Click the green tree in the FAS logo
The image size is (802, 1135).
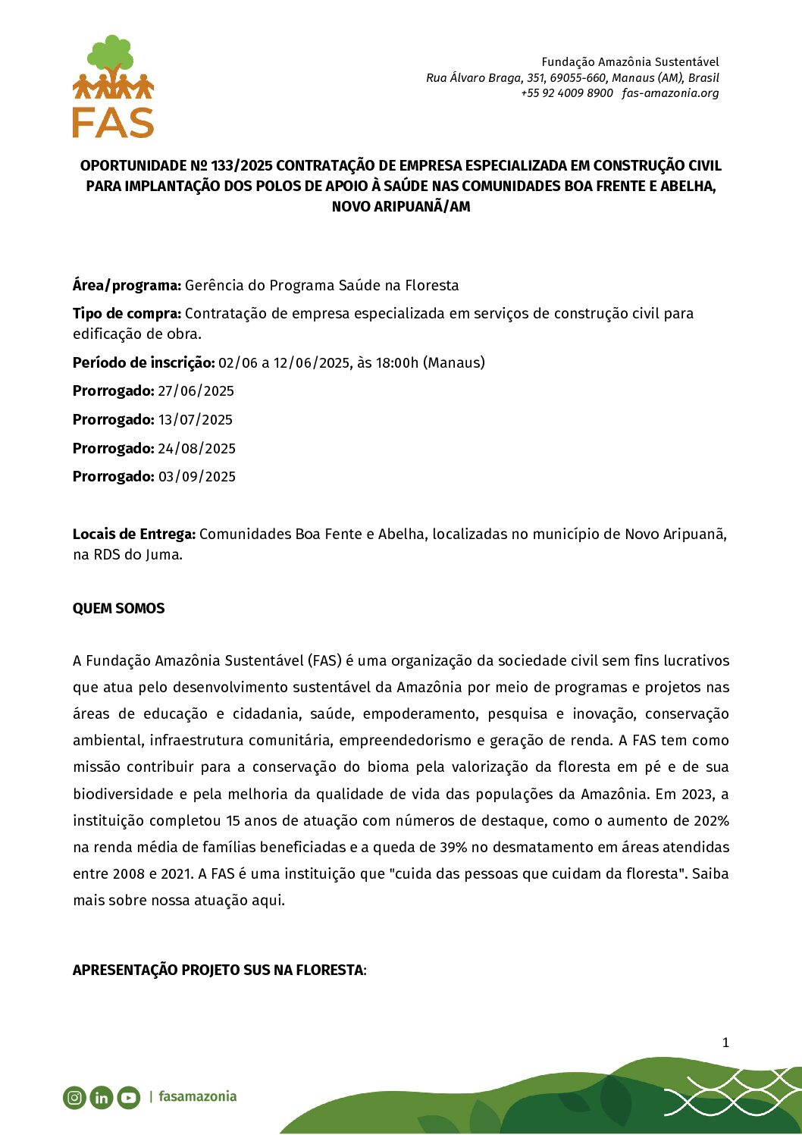click(111, 55)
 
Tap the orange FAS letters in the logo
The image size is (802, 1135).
click(113, 122)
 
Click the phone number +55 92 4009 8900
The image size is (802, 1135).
click(566, 93)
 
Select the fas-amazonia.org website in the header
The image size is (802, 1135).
click(670, 93)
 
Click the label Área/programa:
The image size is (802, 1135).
click(127, 286)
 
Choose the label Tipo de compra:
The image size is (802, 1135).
click(127, 314)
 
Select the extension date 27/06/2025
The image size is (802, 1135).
click(196, 391)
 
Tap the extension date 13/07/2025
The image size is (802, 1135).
click(196, 420)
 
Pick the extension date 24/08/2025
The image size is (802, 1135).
click(196, 449)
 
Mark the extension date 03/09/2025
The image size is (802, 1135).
click(196, 477)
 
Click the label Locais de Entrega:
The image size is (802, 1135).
click(134, 535)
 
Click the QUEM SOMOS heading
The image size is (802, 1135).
click(118, 609)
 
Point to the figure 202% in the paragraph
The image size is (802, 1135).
click(710, 821)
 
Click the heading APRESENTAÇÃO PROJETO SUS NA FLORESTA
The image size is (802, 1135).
click(218, 970)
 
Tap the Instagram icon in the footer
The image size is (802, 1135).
click(74, 1097)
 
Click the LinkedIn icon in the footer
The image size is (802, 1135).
click(101, 1097)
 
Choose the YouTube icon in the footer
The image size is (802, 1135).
click(129, 1097)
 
